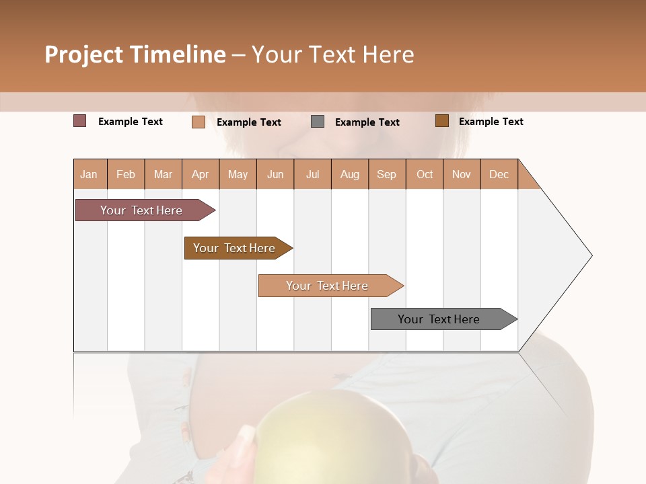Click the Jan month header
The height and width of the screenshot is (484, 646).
coord(89,174)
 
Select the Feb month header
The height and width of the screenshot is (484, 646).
coord(126,174)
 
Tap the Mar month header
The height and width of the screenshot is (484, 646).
coord(163,174)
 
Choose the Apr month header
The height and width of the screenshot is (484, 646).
coord(201,174)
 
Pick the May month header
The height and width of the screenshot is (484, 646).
coord(238,174)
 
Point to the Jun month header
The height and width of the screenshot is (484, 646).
coord(275,174)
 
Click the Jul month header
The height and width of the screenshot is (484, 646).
coord(312,174)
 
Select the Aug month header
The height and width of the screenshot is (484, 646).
coord(350,174)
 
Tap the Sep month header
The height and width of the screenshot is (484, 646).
coord(387,174)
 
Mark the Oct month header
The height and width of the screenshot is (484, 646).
coord(425,174)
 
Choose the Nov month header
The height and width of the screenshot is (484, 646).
coord(462,174)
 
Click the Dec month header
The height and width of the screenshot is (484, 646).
coord(499,174)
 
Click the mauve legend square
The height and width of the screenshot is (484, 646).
coord(80,121)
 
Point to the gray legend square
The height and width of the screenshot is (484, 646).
coord(318,121)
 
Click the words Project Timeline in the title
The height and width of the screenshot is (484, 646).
coord(135,54)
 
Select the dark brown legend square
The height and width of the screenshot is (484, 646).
coord(441,121)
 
